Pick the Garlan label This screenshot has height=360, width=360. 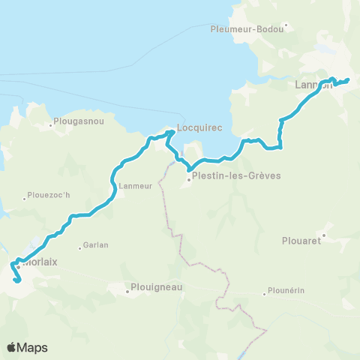(97, 245)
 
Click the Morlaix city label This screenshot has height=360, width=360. (43, 262)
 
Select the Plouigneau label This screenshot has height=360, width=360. (157, 286)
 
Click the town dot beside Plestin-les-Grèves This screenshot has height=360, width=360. (189, 178)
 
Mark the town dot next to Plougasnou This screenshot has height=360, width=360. (51, 124)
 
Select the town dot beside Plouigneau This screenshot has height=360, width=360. (128, 292)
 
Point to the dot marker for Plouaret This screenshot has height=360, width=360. (323, 235)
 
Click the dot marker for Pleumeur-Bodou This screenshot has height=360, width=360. (286, 29)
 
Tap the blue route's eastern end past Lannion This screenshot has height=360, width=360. (348, 79)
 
